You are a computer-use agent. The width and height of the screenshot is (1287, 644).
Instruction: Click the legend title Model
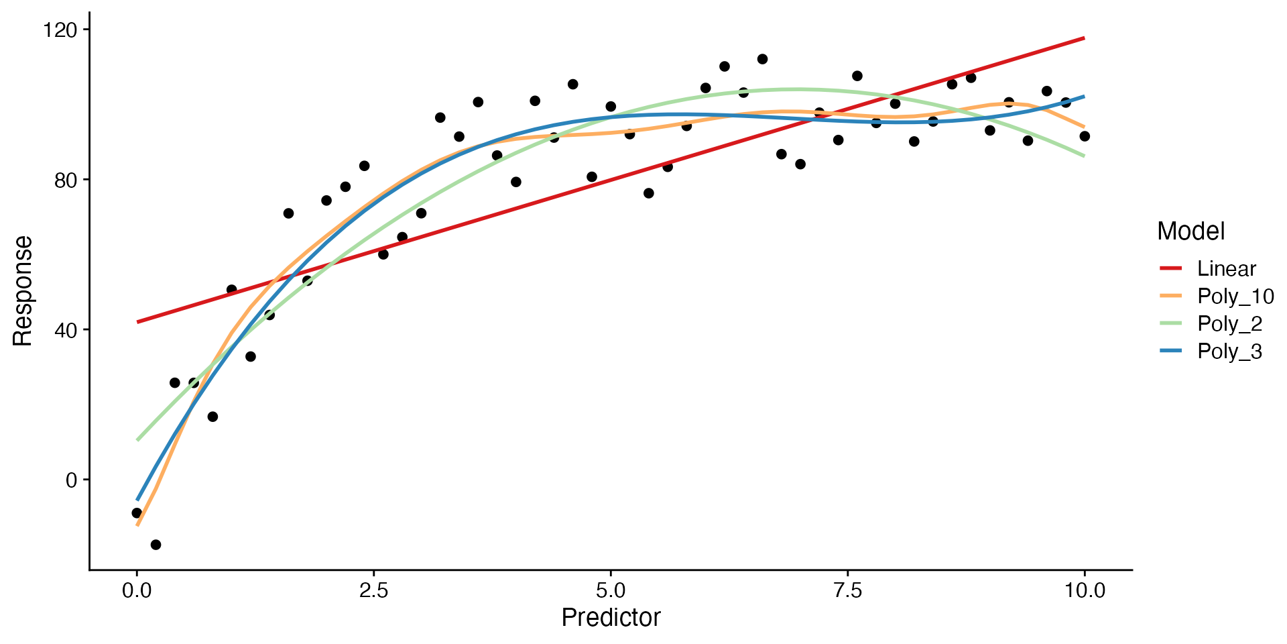[x=1190, y=231]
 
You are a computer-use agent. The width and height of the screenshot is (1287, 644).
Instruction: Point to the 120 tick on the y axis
[x=60, y=30]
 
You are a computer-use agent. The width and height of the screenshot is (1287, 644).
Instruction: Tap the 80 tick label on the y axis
[x=66, y=180]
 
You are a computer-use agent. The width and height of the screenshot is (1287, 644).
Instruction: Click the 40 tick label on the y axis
[x=66, y=330]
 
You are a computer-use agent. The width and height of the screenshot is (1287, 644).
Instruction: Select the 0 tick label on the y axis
[x=72, y=480]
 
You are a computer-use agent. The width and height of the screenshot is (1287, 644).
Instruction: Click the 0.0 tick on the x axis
[x=137, y=590]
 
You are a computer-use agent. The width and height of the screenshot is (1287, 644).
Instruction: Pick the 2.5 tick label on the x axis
[x=373, y=590]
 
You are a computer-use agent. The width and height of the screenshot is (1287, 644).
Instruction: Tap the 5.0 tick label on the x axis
[x=611, y=590]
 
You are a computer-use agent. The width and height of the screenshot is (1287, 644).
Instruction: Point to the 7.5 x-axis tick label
[x=847, y=590]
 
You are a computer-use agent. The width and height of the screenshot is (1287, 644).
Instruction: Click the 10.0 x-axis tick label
[x=1085, y=590]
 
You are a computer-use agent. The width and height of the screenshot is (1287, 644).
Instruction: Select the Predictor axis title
[x=611, y=618]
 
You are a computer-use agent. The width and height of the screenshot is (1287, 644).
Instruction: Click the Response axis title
[x=23, y=290]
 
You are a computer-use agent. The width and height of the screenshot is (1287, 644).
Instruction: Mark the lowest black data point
[x=156, y=545]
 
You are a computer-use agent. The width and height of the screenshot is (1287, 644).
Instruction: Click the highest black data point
[x=762, y=59]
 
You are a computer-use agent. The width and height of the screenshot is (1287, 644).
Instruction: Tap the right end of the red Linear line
[x=1085, y=38]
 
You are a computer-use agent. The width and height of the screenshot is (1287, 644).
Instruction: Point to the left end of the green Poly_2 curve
[x=137, y=440]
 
